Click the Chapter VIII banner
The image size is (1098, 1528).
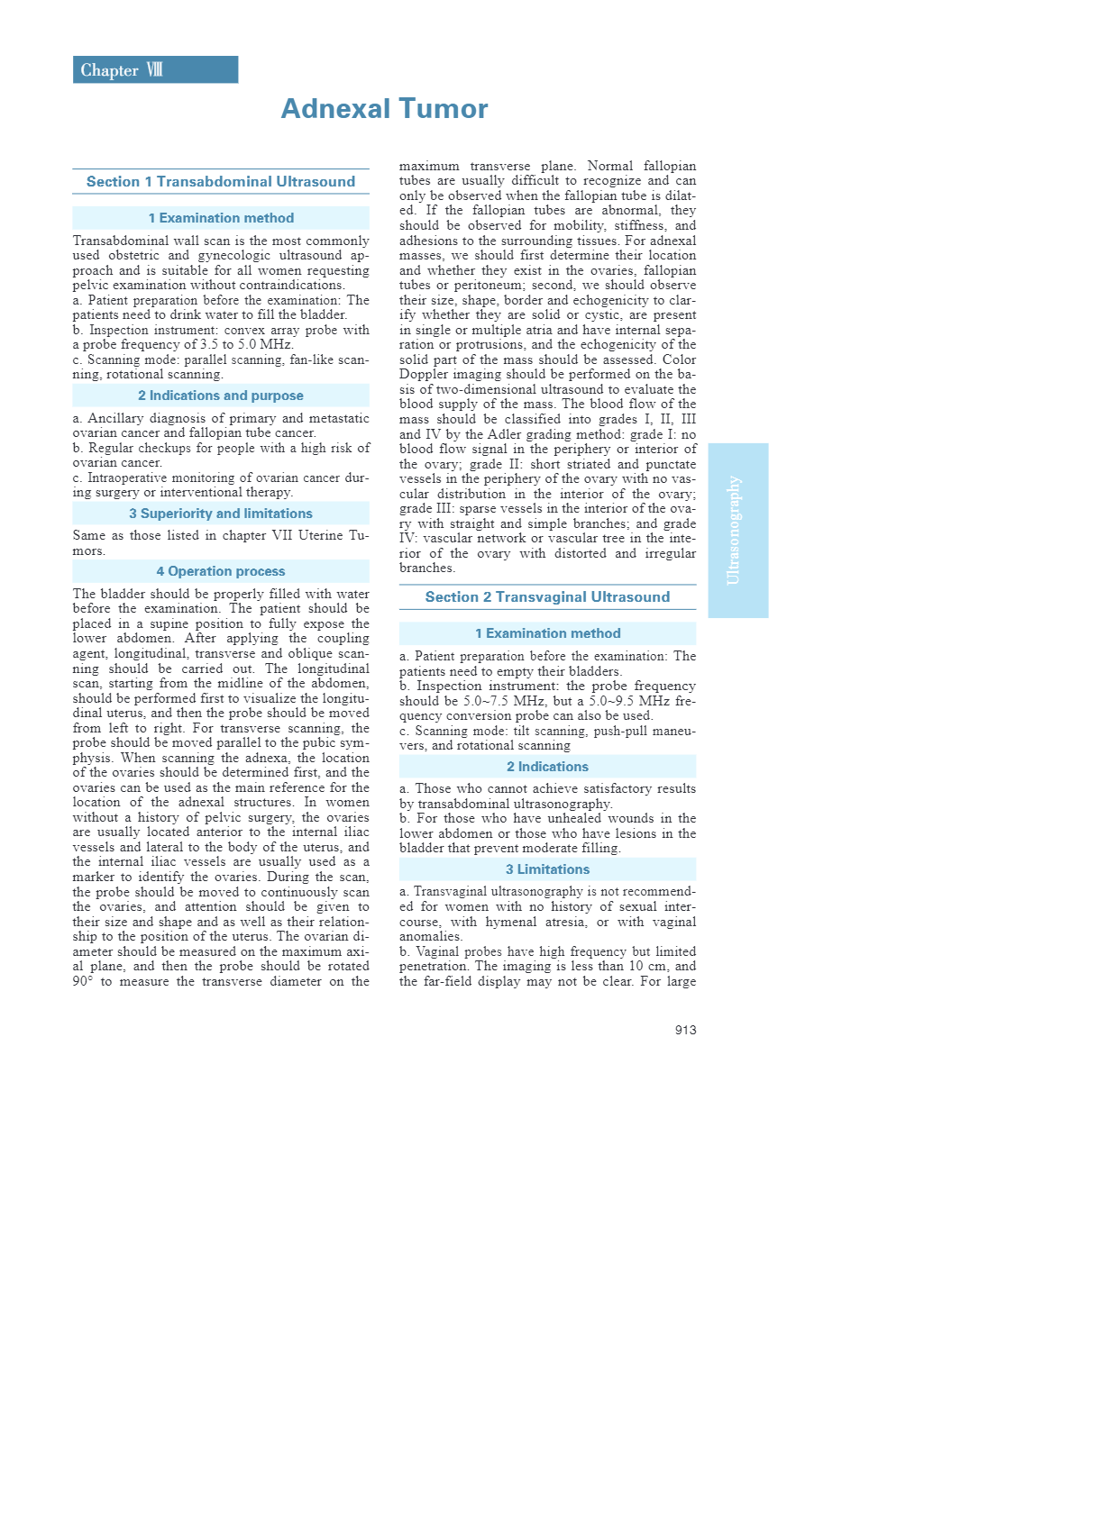(155, 70)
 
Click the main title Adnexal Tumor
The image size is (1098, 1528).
(384, 109)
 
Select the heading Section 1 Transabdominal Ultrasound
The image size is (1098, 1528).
(221, 182)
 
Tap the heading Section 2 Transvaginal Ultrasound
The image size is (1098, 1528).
(547, 597)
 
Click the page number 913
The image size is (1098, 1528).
(685, 1030)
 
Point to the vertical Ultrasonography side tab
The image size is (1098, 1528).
(737, 530)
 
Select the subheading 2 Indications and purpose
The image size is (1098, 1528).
(221, 396)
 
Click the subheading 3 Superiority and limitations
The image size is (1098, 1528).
(221, 514)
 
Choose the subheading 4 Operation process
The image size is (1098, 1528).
(221, 571)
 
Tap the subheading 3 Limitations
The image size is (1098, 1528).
(547, 869)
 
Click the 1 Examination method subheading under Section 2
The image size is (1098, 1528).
(547, 633)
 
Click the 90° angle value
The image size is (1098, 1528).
(82, 981)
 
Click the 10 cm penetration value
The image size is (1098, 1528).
(652, 966)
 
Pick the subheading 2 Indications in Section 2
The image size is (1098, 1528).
(547, 767)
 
